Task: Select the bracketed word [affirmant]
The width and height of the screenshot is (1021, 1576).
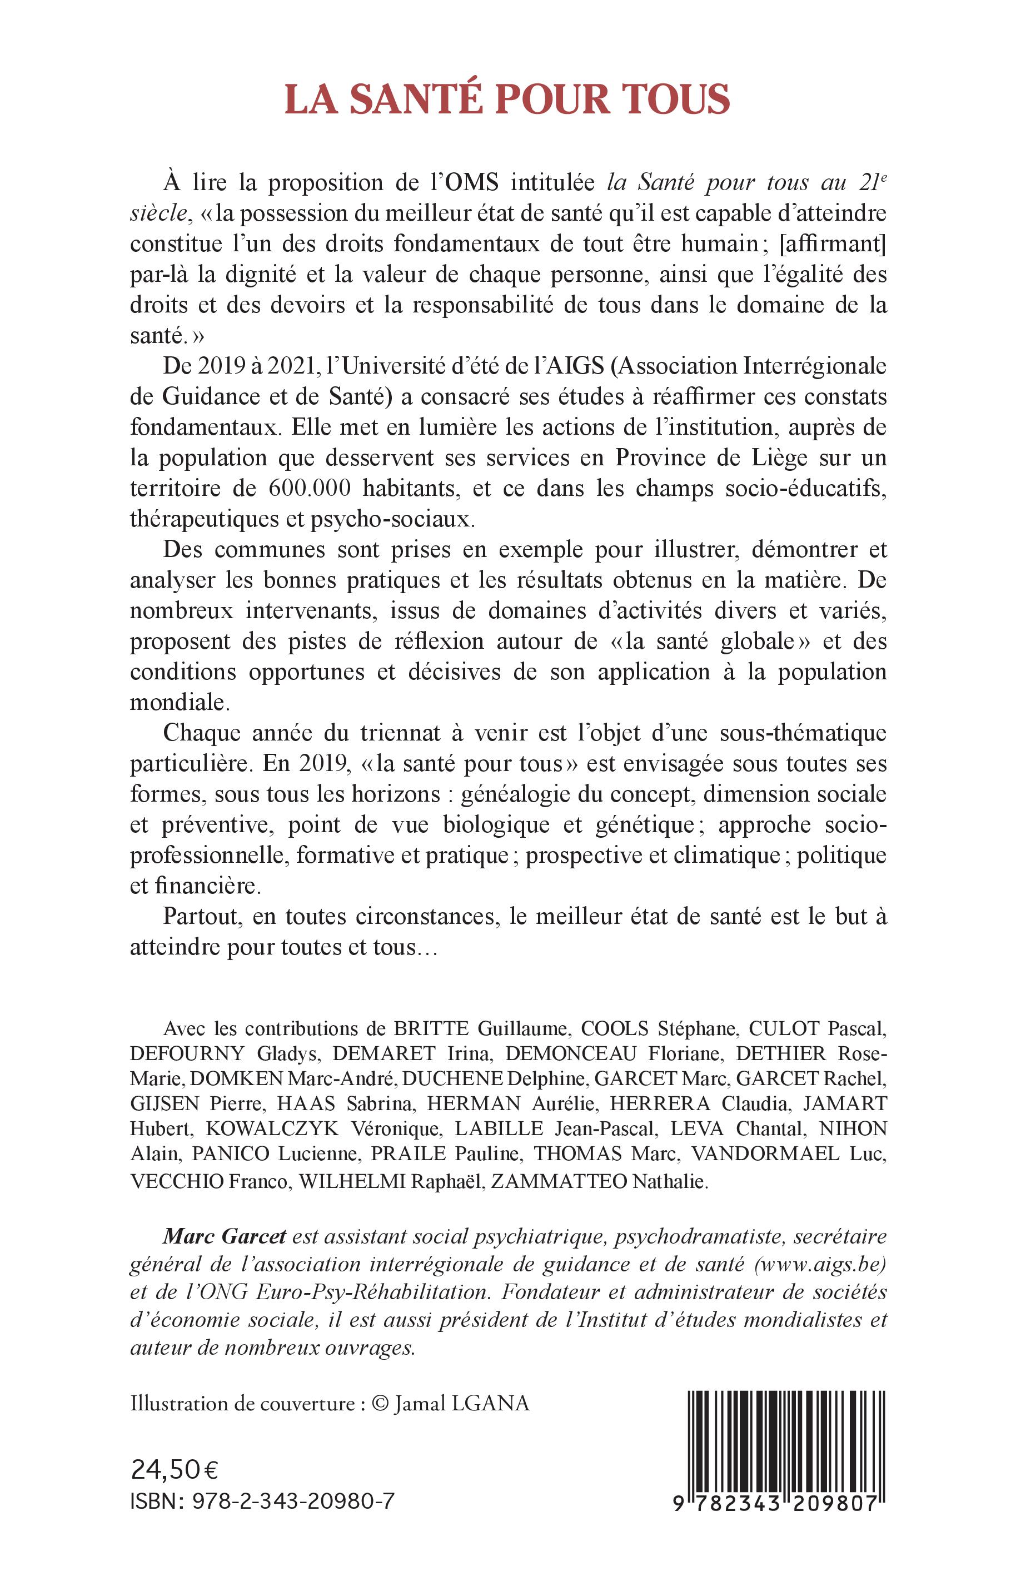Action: [834, 245]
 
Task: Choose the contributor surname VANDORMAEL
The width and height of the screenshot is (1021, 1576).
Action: [766, 1154]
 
